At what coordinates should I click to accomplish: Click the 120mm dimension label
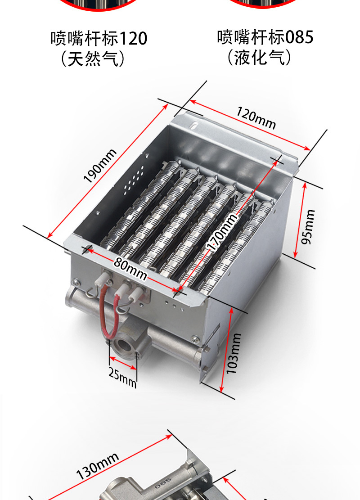[256, 118]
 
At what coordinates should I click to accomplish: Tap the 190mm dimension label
[100, 166]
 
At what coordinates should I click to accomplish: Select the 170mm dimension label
[222, 231]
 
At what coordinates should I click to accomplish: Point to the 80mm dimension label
[130, 269]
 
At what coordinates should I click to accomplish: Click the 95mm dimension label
[308, 227]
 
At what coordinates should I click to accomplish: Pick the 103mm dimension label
[234, 354]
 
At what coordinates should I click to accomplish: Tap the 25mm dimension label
[122, 378]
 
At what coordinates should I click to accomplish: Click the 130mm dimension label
[97, 466]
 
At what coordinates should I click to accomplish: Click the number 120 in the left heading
[133, 38]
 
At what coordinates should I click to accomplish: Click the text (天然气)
[93, 59]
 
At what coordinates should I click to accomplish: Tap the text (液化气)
[259, 58]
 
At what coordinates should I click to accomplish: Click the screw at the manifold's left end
[76, 282]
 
